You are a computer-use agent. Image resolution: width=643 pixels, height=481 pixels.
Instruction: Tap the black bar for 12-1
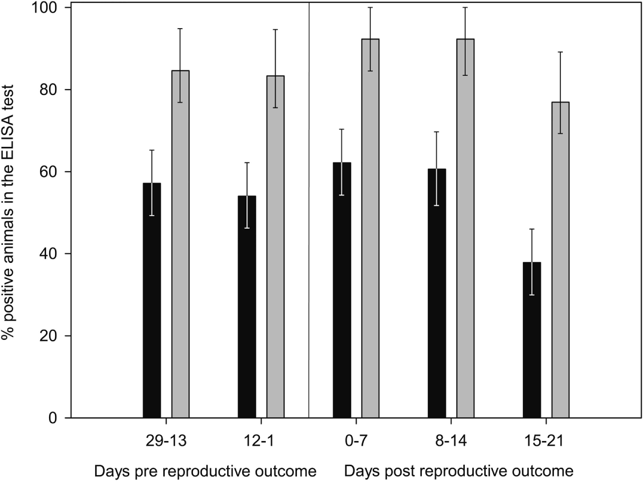pyautogui.click(x=247, y=307)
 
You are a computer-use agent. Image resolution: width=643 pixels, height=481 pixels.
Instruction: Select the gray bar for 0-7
pyautogui.click(x=370, y=228)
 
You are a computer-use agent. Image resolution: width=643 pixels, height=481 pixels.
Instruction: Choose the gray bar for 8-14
pyautogui.click(x=465, y=228)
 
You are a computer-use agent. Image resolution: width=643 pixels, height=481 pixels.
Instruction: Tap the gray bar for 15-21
pyautogui.click(x=560, y=260)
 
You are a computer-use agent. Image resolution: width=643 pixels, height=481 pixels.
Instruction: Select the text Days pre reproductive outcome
pyautogui.click(x=204, y=471)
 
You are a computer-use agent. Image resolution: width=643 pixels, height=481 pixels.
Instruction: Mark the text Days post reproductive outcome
pyautogui.click(x=458, y=471)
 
